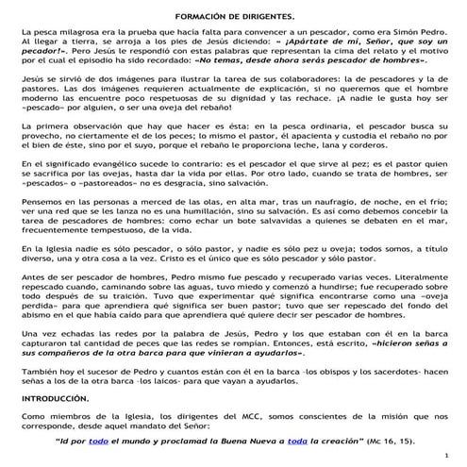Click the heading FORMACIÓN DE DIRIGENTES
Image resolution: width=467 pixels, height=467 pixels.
234,17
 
